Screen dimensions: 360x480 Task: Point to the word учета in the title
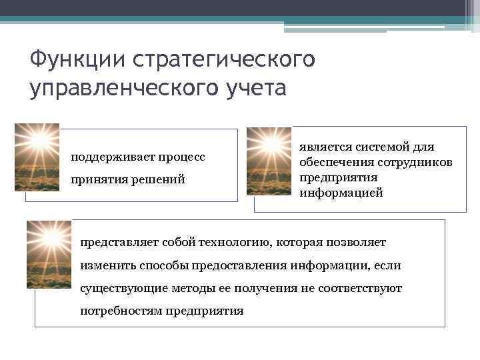click(x=253, y=89)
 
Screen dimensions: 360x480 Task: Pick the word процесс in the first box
click(x=181, y=157)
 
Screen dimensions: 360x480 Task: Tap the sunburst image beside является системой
click(x=269, y=161)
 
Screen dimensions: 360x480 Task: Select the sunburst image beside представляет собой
click(x=49, y=254)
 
